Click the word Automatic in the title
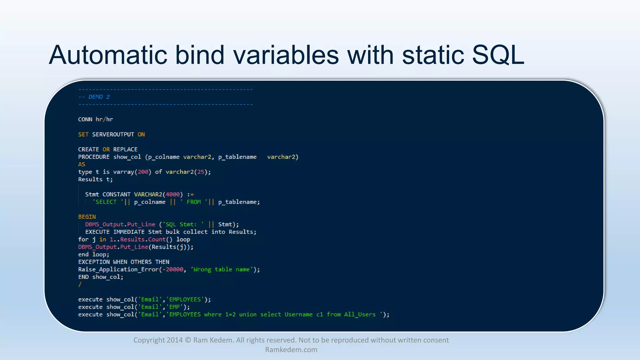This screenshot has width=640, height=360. click(108, 55)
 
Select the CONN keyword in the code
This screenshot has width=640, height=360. click(85, 119)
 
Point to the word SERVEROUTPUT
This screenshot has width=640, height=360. click(113, 134)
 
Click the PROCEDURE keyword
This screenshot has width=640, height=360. click(94, 157)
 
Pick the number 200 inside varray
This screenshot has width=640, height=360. click(143, 172)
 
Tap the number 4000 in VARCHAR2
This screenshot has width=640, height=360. click(173, 194)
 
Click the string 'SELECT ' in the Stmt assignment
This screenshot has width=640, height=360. click(106, 202)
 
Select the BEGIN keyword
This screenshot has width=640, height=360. click(87, 217)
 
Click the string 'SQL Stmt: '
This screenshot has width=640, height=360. click(183, 224)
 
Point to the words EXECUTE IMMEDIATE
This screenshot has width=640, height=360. click(115, 232)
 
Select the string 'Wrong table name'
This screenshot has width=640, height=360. click(222, 269)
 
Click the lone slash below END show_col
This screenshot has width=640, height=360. click(80, 284)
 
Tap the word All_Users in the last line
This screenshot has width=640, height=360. click(360, 314)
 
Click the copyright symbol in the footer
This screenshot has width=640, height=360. click(188, 340)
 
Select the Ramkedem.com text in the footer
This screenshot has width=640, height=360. click(291, 350)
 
